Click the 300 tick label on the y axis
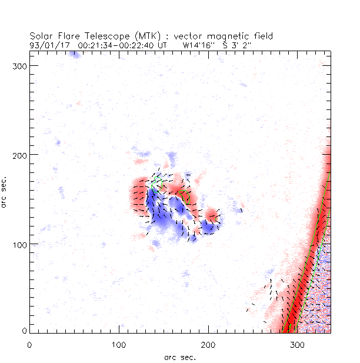[x=20, y=65]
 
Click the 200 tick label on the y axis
[x=20, y=154]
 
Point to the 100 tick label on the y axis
[x=20, y=244]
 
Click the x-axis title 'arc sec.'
[x=180, y=357]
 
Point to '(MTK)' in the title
[x=141, y=36]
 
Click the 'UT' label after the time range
[x=163, y=44]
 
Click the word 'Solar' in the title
[x=41, y=36]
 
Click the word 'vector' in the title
[x=183, y=36]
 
